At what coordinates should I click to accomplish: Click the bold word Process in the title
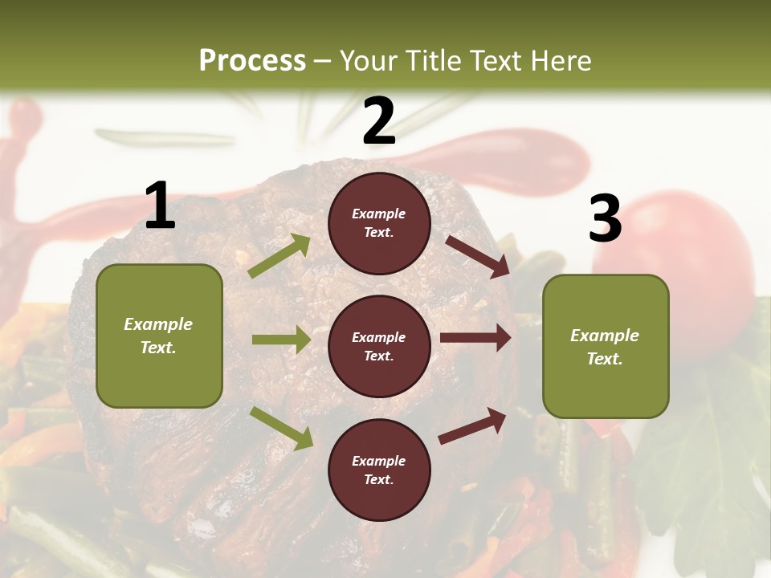[252, 61]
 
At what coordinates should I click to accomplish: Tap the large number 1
[160, 206]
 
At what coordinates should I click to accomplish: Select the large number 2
[379, 122]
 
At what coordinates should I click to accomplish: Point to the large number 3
[606, 218]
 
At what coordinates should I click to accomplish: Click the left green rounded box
[159, 336]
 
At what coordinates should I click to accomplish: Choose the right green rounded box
[606, 346]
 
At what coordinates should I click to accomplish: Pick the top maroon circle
[379, 223]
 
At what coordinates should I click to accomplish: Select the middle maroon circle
[379, 346]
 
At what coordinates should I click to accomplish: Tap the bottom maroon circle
[379, 470]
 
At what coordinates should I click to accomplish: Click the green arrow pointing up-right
[279, 256]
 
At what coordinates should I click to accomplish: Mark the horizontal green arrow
[281, 340]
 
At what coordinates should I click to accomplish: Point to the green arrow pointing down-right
[281, 428]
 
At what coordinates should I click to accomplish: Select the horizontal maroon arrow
[475, 338]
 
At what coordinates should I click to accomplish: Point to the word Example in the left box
[158, 324]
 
